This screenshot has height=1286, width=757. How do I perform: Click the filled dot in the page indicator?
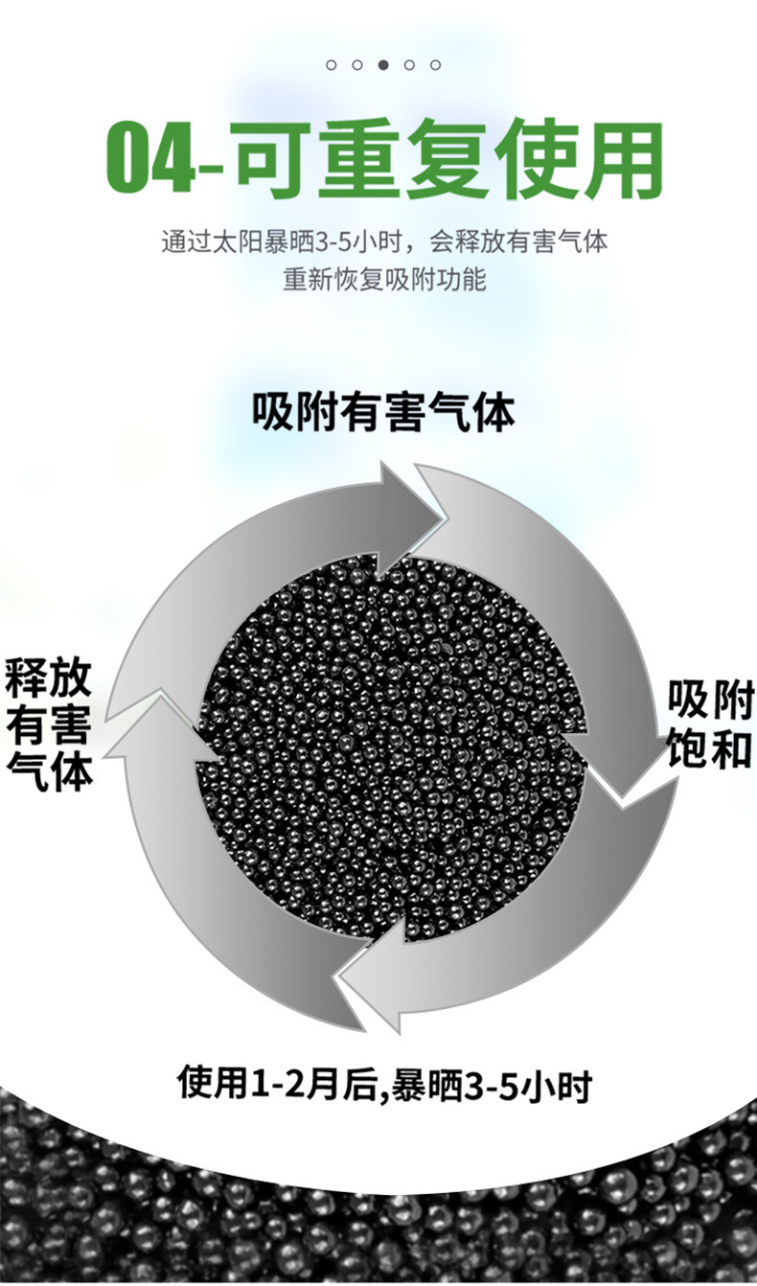point(383,65)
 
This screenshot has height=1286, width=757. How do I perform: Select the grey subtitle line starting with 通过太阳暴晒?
point(383,241)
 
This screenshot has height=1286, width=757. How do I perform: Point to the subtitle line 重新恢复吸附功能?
point(384,279)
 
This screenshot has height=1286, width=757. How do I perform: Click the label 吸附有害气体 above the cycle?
point(383,412)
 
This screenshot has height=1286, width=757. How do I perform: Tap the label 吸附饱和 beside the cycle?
point(710,723)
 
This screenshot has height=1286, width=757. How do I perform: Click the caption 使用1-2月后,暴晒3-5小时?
point(384,1085)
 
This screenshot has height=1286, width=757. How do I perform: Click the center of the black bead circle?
point(393,747)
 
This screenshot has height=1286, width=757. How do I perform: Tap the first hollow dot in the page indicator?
point(332,65)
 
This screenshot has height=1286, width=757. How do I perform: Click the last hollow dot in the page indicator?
point(435,65)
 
